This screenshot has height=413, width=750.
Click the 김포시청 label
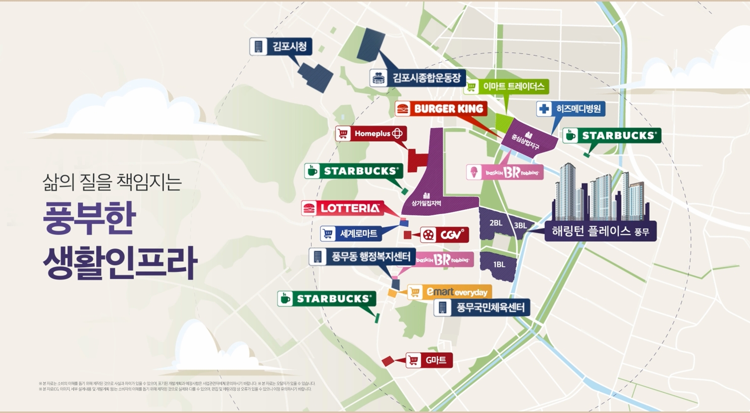pyautogui.click(x=281, y=47)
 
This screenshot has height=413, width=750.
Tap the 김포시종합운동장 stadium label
pyautogui.click(x=417, y=78)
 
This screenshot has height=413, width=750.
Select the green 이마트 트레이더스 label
pyautogui.click(x=506, y=86)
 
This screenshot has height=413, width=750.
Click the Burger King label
pyautogui.click(x=441, y=109)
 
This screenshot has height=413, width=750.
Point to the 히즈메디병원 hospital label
pyautogui.click(x=570, y=109)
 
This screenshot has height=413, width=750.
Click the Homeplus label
pyautogui.click(x=371, y=133)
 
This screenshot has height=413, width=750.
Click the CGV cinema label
pyautogui.click(x=444, y=235)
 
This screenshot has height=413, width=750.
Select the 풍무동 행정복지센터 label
pyautogui.click(x=362, y=257)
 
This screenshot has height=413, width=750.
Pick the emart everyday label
pyautogui.click(x=449, y=292)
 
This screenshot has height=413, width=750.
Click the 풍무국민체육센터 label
pyautogui.click(x=482, y=307)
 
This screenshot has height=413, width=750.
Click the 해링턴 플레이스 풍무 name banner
pyautogui.click(x=600, y=231)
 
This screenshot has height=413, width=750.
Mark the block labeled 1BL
pyautogui.click(x=499, y=265)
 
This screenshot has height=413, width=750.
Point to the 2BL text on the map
pyautogui.click(x=496, y=223)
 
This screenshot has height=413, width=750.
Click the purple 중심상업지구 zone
pyautogui.click(x=526, y=139)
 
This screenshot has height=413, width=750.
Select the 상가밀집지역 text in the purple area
pyautogui.click(x=426, y=203)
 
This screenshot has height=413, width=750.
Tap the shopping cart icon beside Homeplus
pyautogui.click(x=343, y=134)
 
